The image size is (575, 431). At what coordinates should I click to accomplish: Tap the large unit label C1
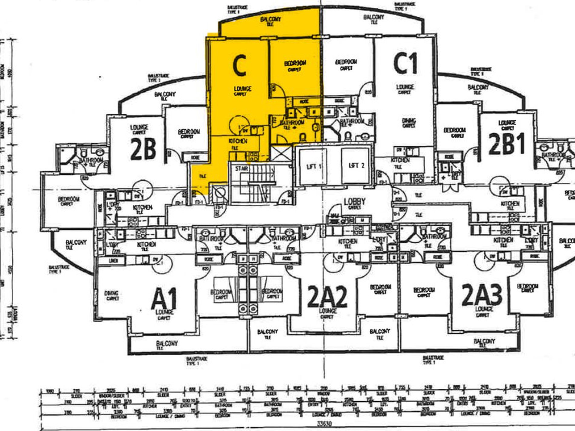pyautogui.click(x=406, y=64)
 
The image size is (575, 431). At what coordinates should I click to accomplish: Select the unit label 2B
pyautogui.click(x=143, y=149)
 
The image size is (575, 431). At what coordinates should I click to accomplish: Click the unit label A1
pyautogui.click(x=164, y=299)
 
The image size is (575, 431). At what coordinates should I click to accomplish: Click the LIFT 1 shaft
pyautogui.click(x=313, y=166)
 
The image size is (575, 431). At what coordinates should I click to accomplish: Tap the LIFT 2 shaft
pyautogui.click(x=356, y=165)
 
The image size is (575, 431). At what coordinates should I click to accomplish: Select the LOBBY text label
pyautogui.click(x=354, y=201)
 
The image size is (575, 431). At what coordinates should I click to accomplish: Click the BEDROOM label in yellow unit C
pyautogui.click(x=295, y=63)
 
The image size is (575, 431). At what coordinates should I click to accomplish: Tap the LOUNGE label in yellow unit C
pyautogui.click(x=242, y=89)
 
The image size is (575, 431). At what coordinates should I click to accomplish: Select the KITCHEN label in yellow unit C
pyautogui.click(x=238, y=141)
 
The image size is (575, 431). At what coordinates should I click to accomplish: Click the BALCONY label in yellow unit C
pyautogui.click(x=271, y=19)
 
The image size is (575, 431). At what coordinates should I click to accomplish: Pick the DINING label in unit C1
pyautogui.click(x=409, y=121)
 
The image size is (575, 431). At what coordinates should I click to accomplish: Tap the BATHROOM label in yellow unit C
pyautogui.click(x=292, y=123)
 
